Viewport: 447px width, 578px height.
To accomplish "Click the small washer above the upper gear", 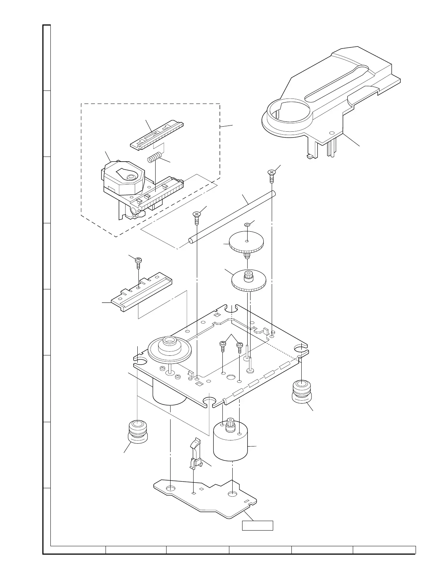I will click(247, 226).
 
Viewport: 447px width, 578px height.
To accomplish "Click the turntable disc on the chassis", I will click(169, 348).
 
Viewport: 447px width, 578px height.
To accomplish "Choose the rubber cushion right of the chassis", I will click(302, 391).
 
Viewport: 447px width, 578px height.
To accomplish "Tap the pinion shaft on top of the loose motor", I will click(231, 424).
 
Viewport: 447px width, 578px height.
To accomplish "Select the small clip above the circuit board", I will click(195, 454).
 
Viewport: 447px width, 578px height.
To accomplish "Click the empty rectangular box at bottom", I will click(258, 525).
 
